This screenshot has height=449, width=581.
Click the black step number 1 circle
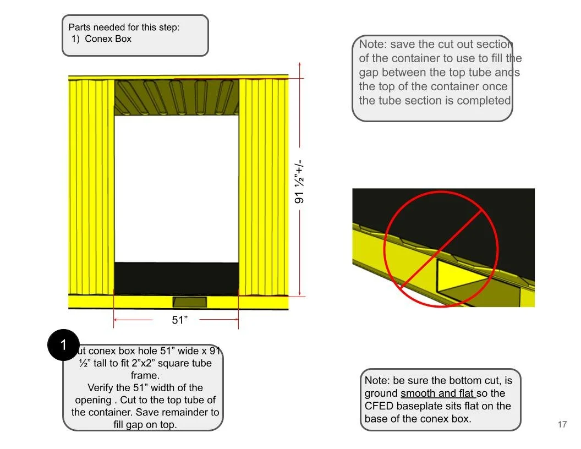click(x=64, y=345)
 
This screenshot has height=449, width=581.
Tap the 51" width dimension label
click(x=180, y=320)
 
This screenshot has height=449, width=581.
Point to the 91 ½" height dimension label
click(x=300, y=182)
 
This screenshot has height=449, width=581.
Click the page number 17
click(x=562, y=424)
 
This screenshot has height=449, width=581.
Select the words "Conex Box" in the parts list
click(x=108, y=39)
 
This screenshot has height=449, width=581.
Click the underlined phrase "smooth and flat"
click(x=437, y=393)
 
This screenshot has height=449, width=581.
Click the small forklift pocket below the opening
click(x=190, y=302)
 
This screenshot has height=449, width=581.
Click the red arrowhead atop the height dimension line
click(x=299, y=65)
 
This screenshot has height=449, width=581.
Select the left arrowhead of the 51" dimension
click(x=116, y=319)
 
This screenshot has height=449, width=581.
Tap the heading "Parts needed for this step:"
click(x=124, y=27)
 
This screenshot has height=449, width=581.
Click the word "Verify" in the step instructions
click(x=103, y=387)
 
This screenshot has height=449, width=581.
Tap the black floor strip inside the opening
click(x=176, y=278)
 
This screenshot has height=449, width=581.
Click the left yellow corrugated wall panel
click(x=91, y=187)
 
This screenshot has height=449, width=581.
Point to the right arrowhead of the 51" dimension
click(x=236, y=319)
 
